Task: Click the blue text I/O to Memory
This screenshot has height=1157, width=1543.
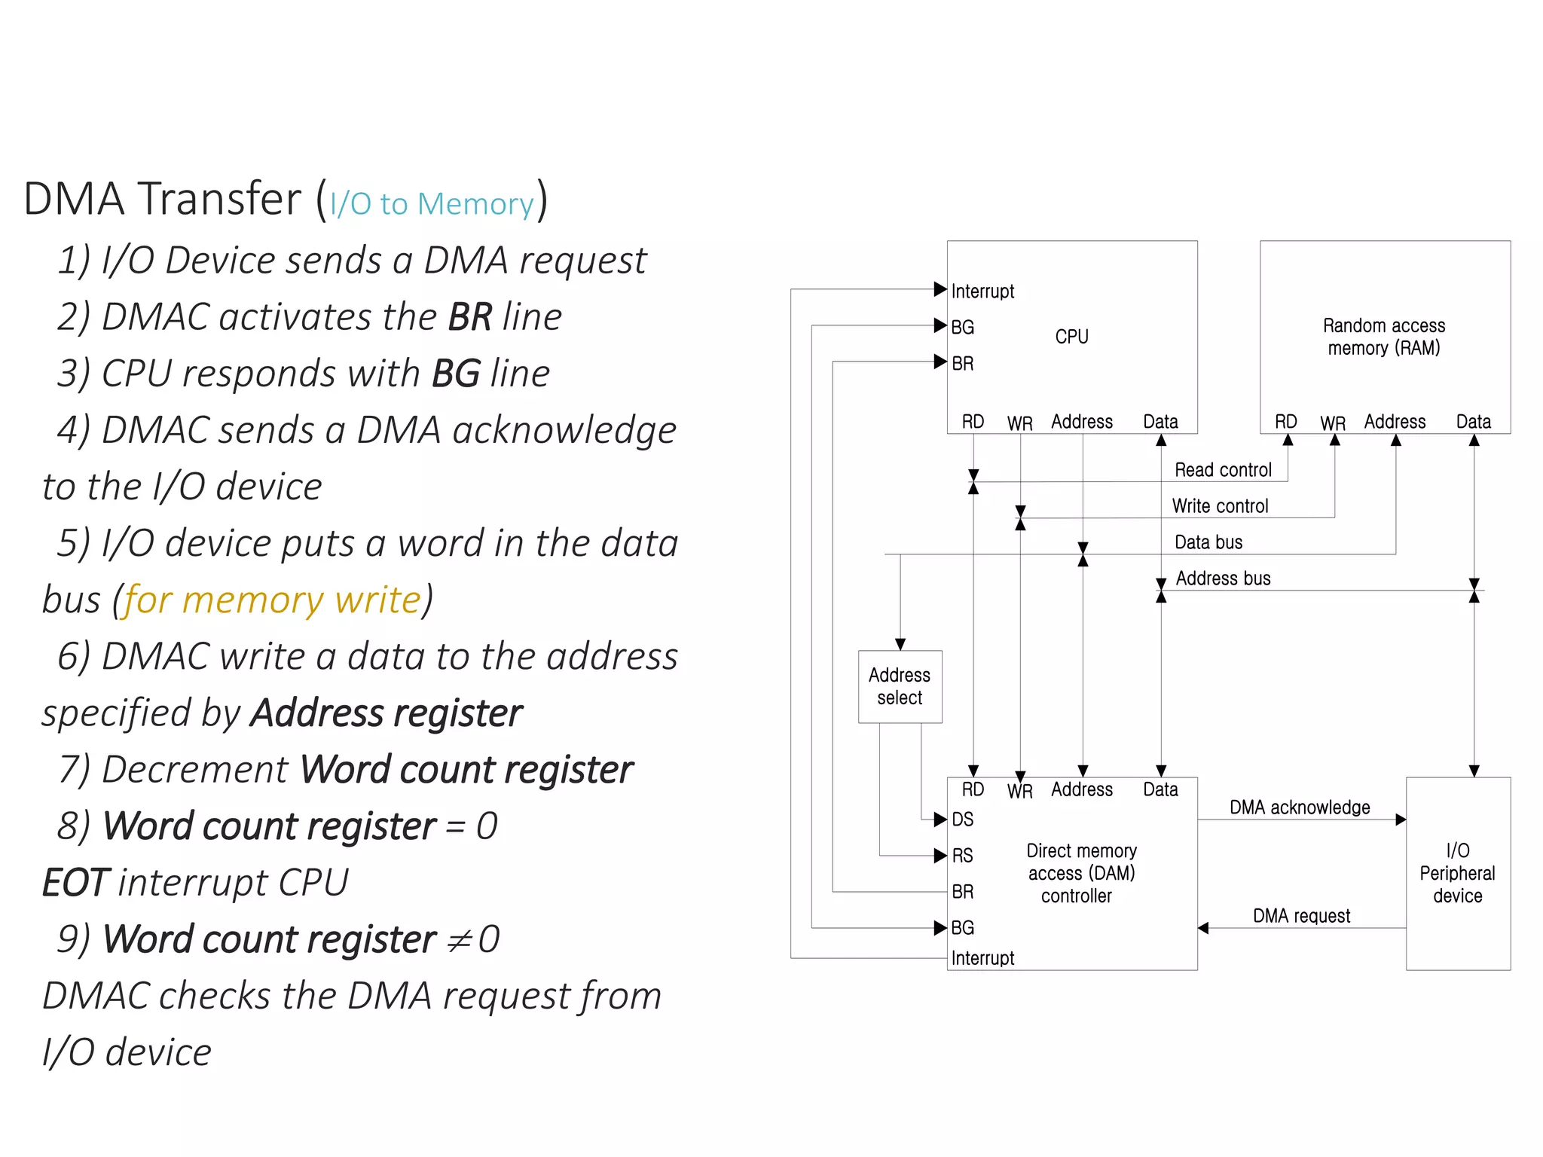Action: [x=432, y=204]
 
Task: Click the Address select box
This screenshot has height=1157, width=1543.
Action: [x=900, y=686]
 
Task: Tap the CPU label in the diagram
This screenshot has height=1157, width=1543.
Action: [x=1071, y=337]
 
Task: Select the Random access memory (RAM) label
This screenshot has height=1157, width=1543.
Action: [x=1384, y=337]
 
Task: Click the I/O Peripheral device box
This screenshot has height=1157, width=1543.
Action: [x=1458, y=873]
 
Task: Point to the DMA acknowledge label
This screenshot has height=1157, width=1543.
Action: [x=1300, y=807]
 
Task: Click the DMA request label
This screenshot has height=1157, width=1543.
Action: [x=1301, y=916]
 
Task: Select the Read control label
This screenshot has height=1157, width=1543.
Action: [x=1223, y=470]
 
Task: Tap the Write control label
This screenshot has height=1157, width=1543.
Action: [x=1220, y=506]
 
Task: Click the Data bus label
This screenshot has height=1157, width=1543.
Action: [x=1208, y=542]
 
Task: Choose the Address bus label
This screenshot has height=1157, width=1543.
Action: [x=1223, y=578]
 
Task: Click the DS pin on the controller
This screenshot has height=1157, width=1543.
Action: [x=963, y=820]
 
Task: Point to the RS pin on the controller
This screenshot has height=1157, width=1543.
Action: [x=963, y=856]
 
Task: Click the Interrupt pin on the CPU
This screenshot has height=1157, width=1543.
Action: [x=982, y=292]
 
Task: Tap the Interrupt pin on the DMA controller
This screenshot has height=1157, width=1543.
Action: [x=982, y=958]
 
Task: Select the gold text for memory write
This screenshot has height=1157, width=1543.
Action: [x=272, y=600]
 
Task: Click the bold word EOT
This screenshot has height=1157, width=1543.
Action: [x=75, y=883]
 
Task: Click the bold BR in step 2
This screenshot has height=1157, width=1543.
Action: [x=470, y=317]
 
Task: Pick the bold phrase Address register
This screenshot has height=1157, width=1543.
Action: [x=387, y=713]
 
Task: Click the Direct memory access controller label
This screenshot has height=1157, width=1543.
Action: [x=1080, y=873]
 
